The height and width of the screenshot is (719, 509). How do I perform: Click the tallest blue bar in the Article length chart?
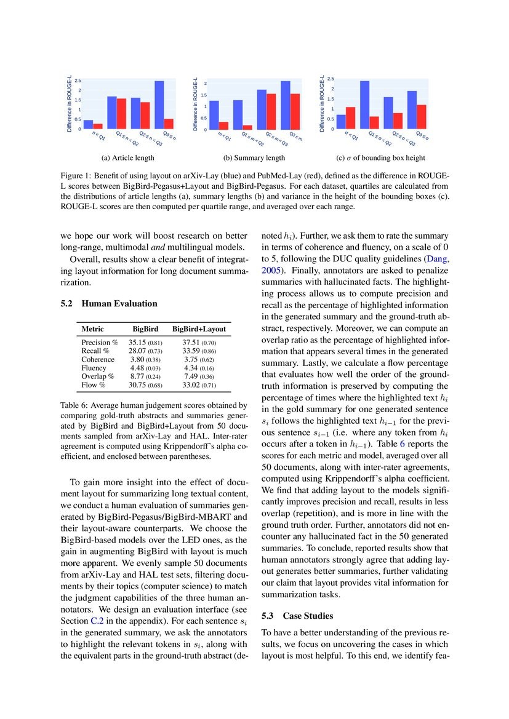coord(159,105)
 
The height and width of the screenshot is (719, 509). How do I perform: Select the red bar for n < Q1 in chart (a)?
coord(98,126)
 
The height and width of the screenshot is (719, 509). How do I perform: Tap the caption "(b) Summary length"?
coord(254,158)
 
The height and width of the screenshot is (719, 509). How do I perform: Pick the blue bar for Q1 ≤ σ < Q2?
coord(364,105)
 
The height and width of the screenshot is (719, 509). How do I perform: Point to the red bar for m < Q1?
coord(223,125)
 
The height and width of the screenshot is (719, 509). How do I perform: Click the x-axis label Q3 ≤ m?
coord(296,137)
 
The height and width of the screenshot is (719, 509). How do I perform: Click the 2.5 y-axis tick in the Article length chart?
coord(78,81)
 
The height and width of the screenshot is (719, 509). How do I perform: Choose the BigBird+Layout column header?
coord(199,329)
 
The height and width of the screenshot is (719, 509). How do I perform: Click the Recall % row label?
coord(95,351)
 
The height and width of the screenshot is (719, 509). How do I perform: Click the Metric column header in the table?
coord(92,329)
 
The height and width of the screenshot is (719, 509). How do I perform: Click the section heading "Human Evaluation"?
coord(119,303)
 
